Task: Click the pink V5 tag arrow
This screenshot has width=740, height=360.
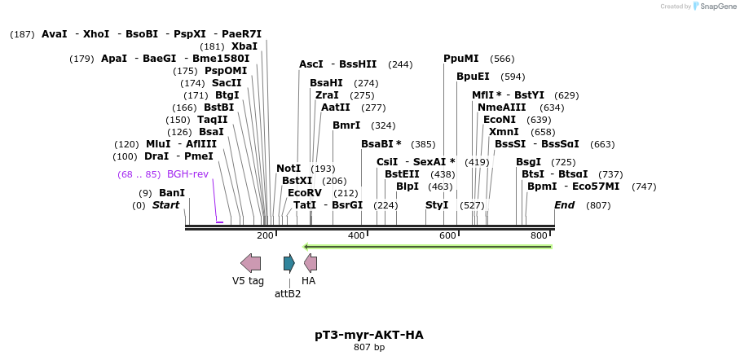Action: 251,262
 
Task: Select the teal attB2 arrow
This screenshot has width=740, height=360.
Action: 289,262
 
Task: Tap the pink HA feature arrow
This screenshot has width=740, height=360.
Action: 311,262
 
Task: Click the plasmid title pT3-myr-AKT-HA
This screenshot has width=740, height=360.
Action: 369,335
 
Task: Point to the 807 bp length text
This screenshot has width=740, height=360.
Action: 369,348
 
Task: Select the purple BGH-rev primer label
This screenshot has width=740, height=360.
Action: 187,174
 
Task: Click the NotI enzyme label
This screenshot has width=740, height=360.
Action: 289,169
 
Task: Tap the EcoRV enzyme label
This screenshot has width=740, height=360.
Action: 305,193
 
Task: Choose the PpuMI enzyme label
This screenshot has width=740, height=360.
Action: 461,59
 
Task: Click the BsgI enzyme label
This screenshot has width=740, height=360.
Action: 528,162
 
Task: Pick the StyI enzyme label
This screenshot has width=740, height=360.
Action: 437,205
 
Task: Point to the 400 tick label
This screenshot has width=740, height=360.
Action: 356,235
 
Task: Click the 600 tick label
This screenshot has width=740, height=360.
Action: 447,235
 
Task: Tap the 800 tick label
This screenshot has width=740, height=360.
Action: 539,235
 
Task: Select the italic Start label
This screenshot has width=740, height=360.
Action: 165,205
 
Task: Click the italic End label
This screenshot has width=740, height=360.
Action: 564,205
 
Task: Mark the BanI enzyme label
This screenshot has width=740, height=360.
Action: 172,193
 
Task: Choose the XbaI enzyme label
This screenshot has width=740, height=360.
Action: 244,46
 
